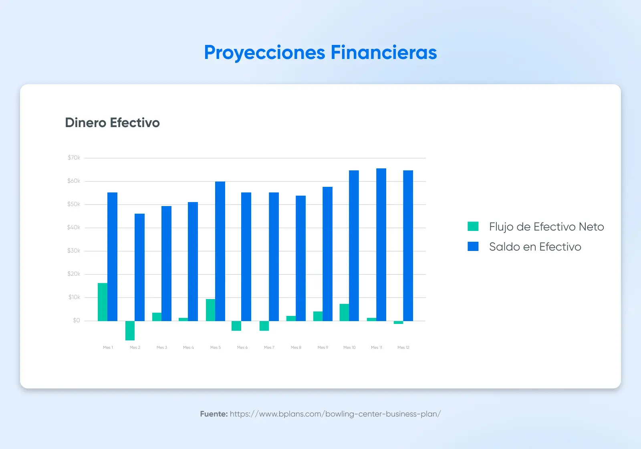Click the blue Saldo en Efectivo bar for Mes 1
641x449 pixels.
[112, 257]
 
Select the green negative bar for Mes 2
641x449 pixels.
[130, 330]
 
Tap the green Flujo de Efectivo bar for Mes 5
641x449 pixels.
[210, 310]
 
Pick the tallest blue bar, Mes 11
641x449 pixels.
[381, 245]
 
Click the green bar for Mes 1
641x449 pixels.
[103, 302]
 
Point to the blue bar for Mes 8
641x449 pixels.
[300, 258]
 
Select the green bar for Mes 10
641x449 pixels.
[344, 312]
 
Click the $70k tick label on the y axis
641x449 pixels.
[74, 158]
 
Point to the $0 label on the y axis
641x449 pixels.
[76, 320]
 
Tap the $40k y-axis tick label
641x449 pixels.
[74, 228]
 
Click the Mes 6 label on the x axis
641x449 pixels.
[242, 348]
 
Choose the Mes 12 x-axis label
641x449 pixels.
[403, 348]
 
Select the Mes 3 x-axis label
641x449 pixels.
[162, 348]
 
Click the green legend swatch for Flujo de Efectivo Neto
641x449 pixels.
[473, 227]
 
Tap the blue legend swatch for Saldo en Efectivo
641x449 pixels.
[473, 247]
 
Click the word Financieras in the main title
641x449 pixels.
[383, 53]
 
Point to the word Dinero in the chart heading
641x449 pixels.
[86, 123]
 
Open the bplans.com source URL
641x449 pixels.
[335, 414]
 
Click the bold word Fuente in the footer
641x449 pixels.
[214, 414]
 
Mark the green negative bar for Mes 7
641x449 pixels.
[264, 326]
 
